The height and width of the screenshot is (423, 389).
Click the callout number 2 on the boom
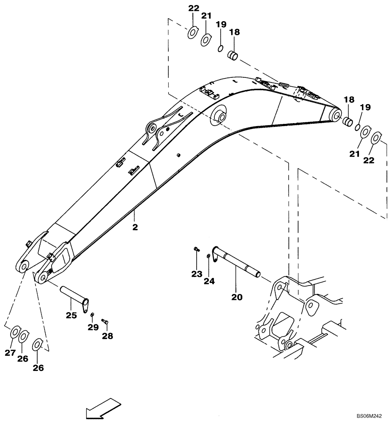point(135,227)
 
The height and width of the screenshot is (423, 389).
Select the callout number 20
point(237,297)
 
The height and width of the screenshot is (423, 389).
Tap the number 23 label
point(196,274)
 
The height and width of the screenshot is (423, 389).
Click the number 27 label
point(10,353)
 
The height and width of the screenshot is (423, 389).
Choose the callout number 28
point(107,336)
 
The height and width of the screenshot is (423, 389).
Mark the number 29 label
point(93,327)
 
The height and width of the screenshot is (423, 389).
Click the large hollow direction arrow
point(101,409)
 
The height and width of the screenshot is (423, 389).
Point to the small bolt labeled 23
point(196,250)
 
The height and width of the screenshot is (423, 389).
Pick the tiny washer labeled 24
point(209,256)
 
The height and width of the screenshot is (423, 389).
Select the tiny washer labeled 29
point(92,314)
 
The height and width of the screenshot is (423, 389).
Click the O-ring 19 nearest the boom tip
point(357,127)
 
